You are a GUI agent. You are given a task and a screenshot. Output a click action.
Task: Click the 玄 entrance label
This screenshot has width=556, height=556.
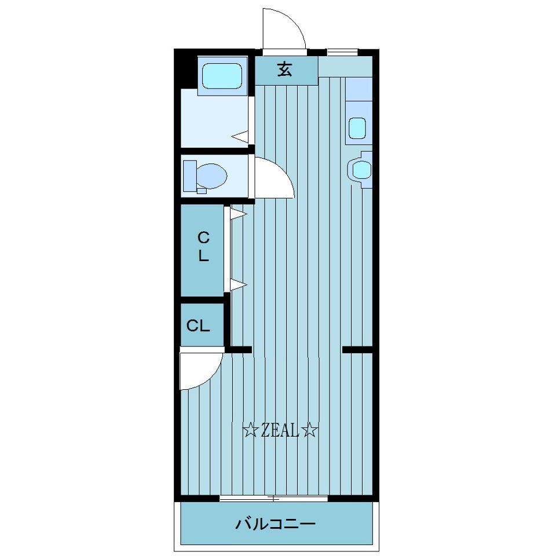coord(285,69)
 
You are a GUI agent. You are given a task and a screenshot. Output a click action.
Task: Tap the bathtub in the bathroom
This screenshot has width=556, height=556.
coord(222,75)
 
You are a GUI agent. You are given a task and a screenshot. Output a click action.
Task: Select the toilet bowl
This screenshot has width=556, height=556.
coord(212,175)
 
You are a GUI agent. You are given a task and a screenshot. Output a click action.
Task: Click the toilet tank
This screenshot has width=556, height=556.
coord(190,176)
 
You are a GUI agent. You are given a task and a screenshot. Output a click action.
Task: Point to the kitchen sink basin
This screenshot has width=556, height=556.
coord(357,128)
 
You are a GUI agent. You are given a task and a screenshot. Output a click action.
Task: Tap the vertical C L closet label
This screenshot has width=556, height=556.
coord(203,246)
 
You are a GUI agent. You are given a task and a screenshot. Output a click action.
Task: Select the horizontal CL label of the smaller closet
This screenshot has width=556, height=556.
coord(198,325)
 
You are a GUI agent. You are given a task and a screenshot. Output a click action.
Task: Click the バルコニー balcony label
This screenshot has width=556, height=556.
coord(276,524)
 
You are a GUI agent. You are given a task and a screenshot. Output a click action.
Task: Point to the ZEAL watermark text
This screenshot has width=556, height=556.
coord(280,431)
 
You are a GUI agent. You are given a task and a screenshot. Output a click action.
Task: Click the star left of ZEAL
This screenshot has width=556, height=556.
coord(250,431)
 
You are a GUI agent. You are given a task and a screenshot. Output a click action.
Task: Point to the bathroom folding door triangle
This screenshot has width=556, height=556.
coord(240,137)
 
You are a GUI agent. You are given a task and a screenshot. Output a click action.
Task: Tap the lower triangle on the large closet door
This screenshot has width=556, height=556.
coord(238,284)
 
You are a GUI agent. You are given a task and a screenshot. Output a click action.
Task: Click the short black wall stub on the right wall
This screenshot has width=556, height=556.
coord(357,350)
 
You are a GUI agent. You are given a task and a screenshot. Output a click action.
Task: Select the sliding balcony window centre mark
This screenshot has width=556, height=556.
coord(273,498)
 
